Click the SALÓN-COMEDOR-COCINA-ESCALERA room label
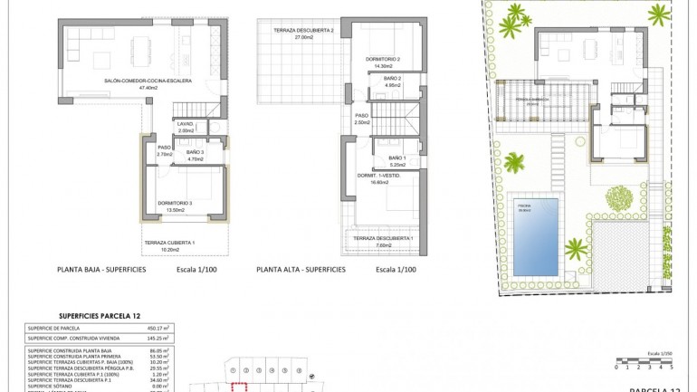(x=137, y=83)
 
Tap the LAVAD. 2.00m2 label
(x=186, y=128)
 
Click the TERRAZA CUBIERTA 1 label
(x=170, y=245)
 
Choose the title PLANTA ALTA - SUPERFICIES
(x=301, y=270)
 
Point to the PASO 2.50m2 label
(x=361, y=119)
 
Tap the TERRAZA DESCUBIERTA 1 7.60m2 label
(x=383, y=241)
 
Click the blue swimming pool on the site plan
(x=535, y=234)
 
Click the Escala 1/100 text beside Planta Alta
(x=396, y=270)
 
